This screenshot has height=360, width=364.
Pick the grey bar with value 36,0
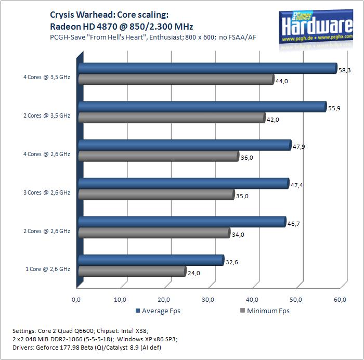point(158,156)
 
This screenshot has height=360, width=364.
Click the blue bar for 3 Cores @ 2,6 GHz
point(183,183)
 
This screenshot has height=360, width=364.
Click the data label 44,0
point(282,81)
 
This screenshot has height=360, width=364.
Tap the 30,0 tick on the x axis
point(209,299)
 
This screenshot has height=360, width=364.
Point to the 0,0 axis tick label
point(76,299)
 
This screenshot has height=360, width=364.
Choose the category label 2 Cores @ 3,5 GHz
point(46,115)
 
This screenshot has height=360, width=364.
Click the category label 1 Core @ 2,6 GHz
point(48,269)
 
